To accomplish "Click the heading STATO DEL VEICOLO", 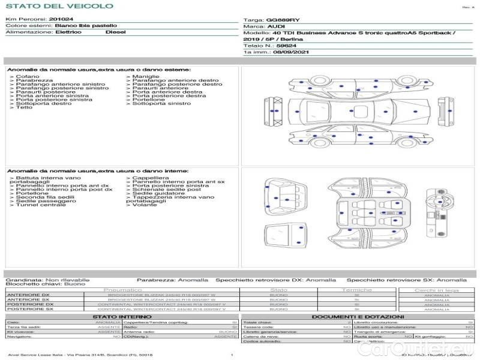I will [59, 7].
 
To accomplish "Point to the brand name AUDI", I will [276, 26].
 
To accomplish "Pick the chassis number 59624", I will [286, 46].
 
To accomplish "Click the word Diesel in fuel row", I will [115, 32].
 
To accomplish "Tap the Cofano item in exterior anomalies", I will [28, 77].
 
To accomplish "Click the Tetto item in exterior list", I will [24, 107].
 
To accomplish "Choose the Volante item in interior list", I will [144, 205].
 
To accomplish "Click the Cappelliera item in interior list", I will [150, 178].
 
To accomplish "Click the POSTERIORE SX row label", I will [29, 309].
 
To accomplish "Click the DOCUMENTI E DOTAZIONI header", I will [358, 316].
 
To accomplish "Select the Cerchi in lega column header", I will [436, 290].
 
